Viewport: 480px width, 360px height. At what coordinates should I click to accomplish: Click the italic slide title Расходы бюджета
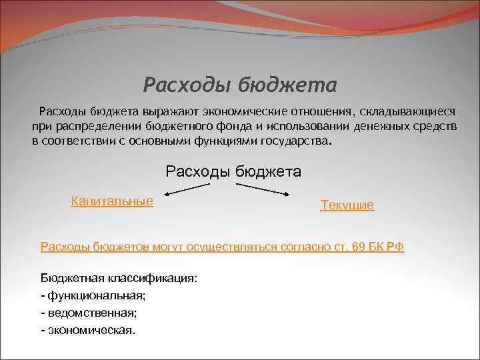240,85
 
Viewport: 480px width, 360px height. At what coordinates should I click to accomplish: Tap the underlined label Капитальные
112,201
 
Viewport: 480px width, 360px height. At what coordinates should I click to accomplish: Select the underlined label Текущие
347,205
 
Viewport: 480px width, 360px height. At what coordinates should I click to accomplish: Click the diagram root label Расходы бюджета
233,171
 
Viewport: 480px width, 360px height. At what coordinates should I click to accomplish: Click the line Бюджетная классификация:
119,278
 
